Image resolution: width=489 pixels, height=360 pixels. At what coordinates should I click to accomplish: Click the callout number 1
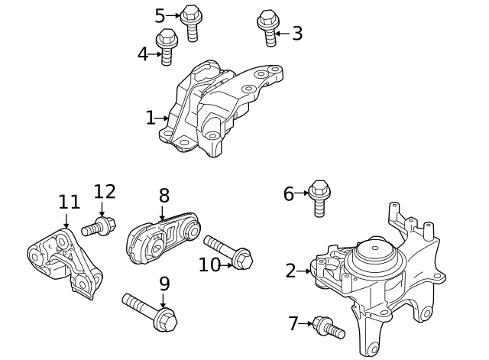[x=150, y=118]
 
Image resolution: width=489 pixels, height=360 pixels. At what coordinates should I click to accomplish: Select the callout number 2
[x=290, y=270]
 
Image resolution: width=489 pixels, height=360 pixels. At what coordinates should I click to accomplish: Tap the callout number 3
[x=297, y=33]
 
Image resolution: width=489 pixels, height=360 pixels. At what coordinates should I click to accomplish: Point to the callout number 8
[x=164, y=195]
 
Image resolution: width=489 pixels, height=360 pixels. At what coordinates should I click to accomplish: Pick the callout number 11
[x=69, y=202]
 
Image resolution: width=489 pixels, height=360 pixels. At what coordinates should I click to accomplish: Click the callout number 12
[x=104, y=192]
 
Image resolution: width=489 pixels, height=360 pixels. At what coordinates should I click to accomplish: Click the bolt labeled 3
[x=267, y=25]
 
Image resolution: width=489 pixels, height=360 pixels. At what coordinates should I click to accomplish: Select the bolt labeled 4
[x=167, y=46]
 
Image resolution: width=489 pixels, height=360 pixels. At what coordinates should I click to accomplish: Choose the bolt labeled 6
[x=319, y=195]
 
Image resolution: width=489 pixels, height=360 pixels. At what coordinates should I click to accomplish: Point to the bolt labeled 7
[x=329, y=328]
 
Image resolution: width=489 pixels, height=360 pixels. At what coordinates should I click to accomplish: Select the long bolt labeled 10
[x=229, y=252]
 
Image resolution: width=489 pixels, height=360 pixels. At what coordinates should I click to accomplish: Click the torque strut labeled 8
[x=163, y=238]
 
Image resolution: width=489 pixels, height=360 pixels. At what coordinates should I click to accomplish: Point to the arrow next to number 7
[x=306, y=323]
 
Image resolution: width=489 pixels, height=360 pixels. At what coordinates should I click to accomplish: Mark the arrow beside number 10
[x=226, y=264]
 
